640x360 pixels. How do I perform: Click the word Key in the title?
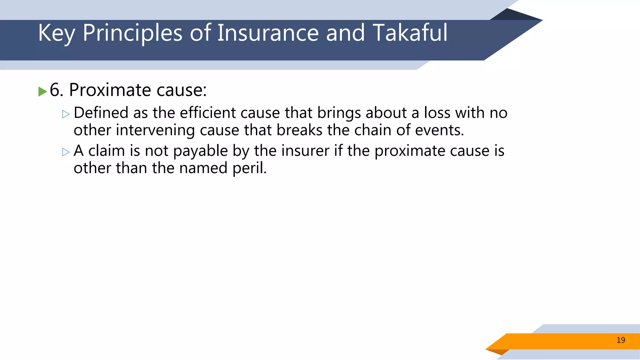click(56, 33)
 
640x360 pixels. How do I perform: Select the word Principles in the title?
click(132, 33)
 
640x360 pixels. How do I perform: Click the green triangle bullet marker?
click(42, 92)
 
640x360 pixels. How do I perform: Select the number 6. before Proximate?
click(57, 90)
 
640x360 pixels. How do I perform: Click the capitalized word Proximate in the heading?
click(110, 90)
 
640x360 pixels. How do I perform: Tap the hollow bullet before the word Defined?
click(66, 114)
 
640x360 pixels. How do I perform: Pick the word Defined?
click(101, 113)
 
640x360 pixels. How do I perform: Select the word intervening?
click(155, 130)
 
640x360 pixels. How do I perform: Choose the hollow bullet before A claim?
click(66, 152)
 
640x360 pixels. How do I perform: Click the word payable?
click(200, 151)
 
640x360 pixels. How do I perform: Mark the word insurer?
click(305, 151)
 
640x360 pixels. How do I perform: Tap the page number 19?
click(621, 340)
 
